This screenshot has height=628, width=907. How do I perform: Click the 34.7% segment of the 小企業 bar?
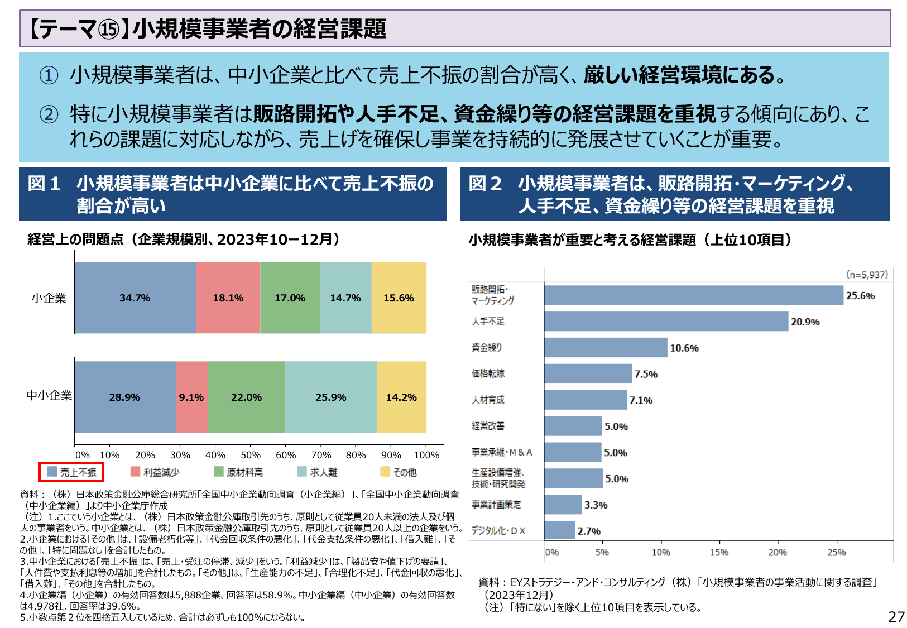[135, 298]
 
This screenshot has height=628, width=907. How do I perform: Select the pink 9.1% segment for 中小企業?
[191, 397]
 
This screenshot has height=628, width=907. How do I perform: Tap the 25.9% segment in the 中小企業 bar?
[330, 397]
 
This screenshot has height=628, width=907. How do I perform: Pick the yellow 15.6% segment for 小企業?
[399, 298]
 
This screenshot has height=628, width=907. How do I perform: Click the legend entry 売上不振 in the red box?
[72, 472]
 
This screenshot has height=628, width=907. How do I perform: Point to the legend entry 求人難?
[318, 472]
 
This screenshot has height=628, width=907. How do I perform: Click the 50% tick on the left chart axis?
[251, 455]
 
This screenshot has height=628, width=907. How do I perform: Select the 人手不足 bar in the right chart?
[666, 322]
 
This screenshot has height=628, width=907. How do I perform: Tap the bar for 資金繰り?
[606, 347]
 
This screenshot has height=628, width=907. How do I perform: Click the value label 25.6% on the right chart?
[860, 296]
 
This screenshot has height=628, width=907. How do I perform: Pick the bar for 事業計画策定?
[563, 505]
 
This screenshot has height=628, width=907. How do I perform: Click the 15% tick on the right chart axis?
[719, 553]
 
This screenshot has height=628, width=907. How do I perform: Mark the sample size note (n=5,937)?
[867, 275]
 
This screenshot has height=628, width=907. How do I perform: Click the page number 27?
[896, 617]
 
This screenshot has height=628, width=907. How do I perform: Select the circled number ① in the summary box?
[49, 75]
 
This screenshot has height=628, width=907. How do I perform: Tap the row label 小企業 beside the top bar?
[49, 299]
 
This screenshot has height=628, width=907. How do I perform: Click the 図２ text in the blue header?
[485, 184]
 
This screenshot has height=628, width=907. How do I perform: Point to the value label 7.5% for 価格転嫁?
[646, 374]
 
